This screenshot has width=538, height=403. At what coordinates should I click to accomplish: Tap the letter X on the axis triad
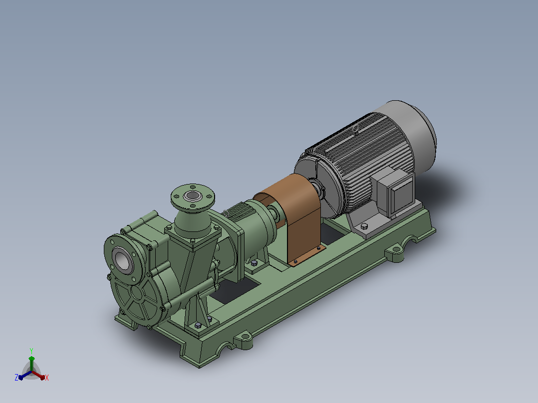(47, 378)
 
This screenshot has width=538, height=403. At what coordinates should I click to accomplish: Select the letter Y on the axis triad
(31, 351)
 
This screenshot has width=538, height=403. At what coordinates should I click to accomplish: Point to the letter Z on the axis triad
(16, 378)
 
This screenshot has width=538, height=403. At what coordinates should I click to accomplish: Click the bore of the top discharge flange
(193, 196)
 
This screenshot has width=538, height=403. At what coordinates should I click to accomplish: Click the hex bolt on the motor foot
(364, 227)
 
